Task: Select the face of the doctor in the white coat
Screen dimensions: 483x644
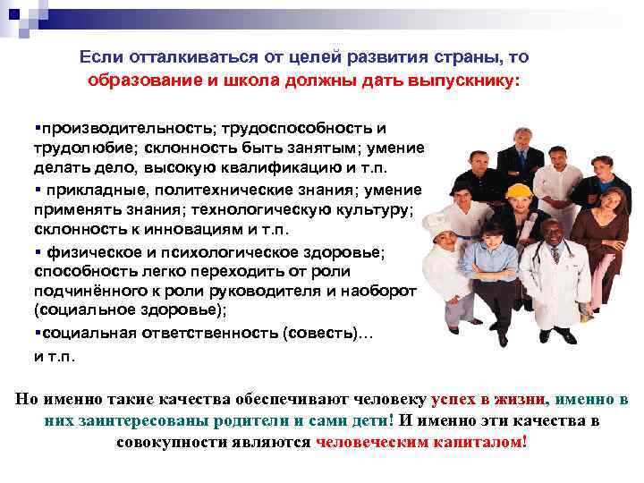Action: coord(551,234)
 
